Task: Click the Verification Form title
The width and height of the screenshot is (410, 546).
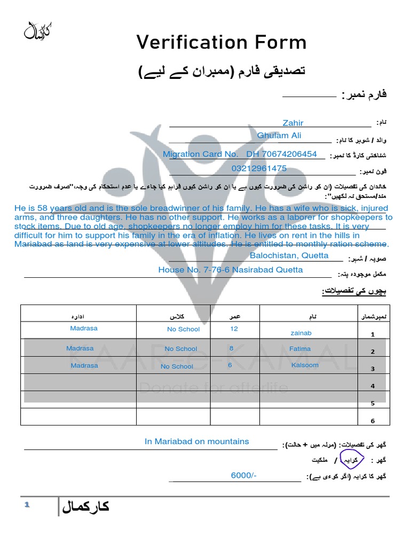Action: [x=221, y=42]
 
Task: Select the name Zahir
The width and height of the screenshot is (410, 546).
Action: [x=293, y=123]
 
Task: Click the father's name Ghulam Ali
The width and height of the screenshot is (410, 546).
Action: [x=279, y=135]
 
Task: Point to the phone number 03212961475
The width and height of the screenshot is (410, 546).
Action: [x=259, y=168]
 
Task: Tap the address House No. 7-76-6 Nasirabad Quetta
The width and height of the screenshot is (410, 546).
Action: [x=230, y=270]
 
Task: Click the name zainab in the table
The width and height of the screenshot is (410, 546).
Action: [x=301, y=333]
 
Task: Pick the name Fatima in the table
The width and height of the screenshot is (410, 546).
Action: [x=299, y=349]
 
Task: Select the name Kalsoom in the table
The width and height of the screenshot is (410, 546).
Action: [x=305, y=365]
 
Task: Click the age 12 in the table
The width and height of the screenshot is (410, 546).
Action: [x=234, y=329]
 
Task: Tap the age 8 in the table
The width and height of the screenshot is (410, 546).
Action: [x=231, y=348]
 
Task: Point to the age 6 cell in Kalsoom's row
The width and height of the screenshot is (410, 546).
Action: [x=230, y=365]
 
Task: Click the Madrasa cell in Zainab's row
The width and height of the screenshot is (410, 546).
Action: [x=84, y=328]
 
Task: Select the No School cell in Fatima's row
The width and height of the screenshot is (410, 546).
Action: [x=181, y=349]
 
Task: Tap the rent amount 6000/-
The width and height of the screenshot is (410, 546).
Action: [x=243, y=475]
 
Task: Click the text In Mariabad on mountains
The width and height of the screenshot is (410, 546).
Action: [x=196, y=441]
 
